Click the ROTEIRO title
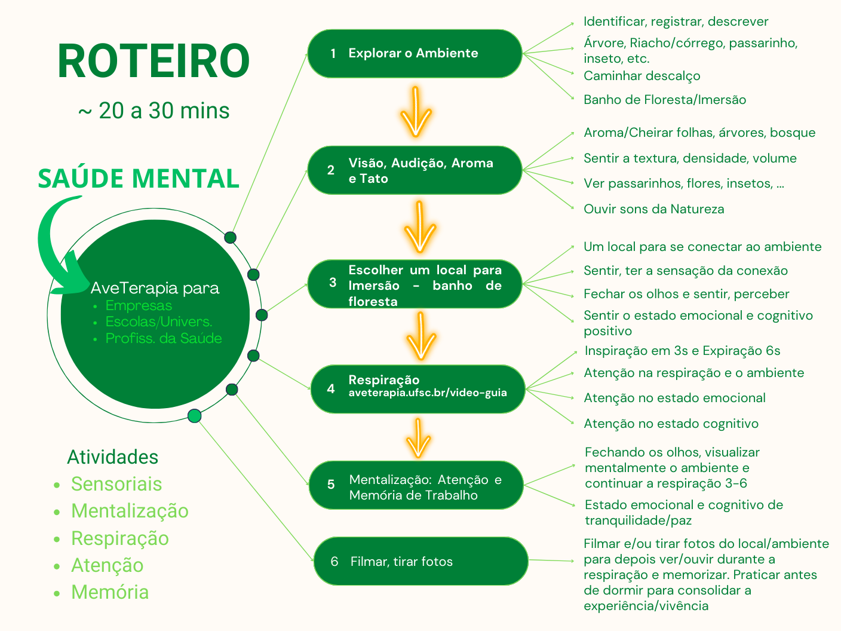pyautogui.click(x=154, y=61)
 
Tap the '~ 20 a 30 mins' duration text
pyautogui.click(x=154, y=111)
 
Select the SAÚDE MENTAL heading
pyautogui.click(x=139, y=179)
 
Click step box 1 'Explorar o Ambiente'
pyautogui.click(x=415, y=54)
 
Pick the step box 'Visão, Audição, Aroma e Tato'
pyautogui.click(x=415, y=170)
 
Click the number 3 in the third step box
pyautogui.click(x=333, y=283)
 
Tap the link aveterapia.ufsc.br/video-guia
pyautogui.click(x=428, y=393)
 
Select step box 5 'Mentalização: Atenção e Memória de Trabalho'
pyautogui.click(x=416, y=485)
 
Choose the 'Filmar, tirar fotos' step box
pyautogui.click(x=420, y=561)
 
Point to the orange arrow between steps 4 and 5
pyautogui.click(x=418, y=438)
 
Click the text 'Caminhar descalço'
pyautogui.click(x=642, y=76)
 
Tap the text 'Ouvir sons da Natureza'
pyautogui.click(x=653, y=209)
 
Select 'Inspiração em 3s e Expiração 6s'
pyautogui.click(x=682, y=351)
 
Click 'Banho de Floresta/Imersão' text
pyautogui.click(x=665, y=100)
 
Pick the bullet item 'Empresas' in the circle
pyautogui.click(x=139, y=305)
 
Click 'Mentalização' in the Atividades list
pyautogui.click(x=130, y=511)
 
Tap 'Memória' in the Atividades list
pyautogui.click(x=110, y=592)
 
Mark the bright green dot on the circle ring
pyautogui.click(x=195, y=416)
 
